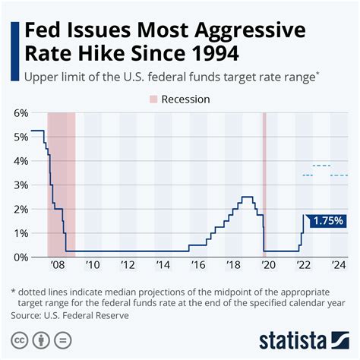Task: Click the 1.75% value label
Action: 327,220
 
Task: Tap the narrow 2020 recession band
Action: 264,182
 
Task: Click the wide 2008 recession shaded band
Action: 62,182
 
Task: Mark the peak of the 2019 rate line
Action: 247,197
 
